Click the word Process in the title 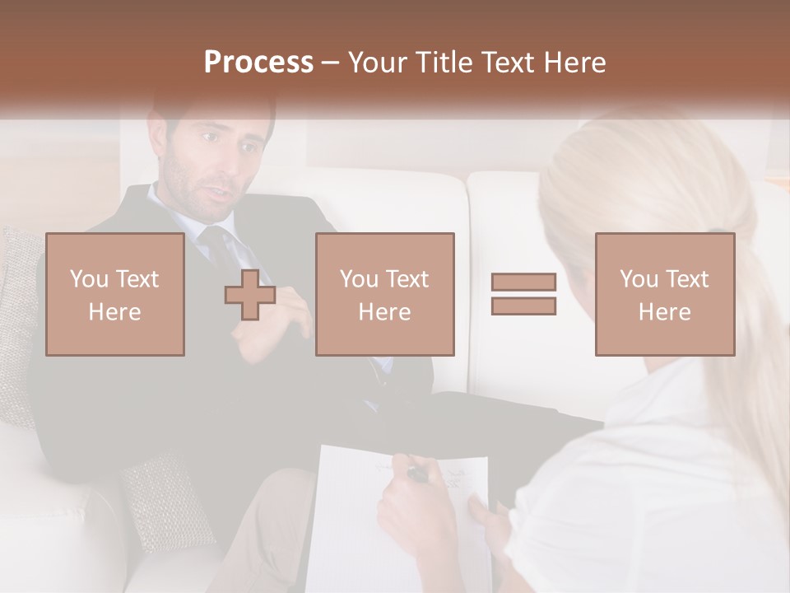[x=258, y=63]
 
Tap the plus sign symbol [x=250, y=295]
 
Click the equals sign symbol [x=523, y=294]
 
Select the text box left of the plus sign [x=115, y=294]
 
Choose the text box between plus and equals [x=384, y=294]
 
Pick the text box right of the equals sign [x=664, y=294]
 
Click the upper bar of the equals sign [x=523, y=282]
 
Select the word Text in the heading [x=508, y=63]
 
